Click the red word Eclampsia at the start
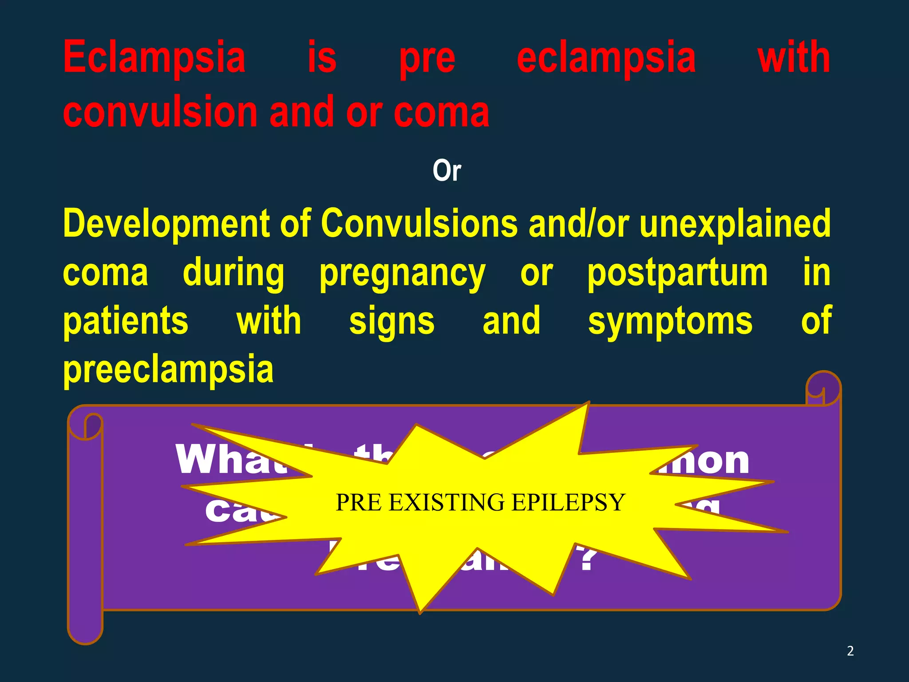[154, 58]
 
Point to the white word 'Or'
[447, 171]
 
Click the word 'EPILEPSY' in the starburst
[568, 503]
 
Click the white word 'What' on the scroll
[231, 460]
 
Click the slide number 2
[850, 651]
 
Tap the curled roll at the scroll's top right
[823, 389]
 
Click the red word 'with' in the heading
[794, 58]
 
